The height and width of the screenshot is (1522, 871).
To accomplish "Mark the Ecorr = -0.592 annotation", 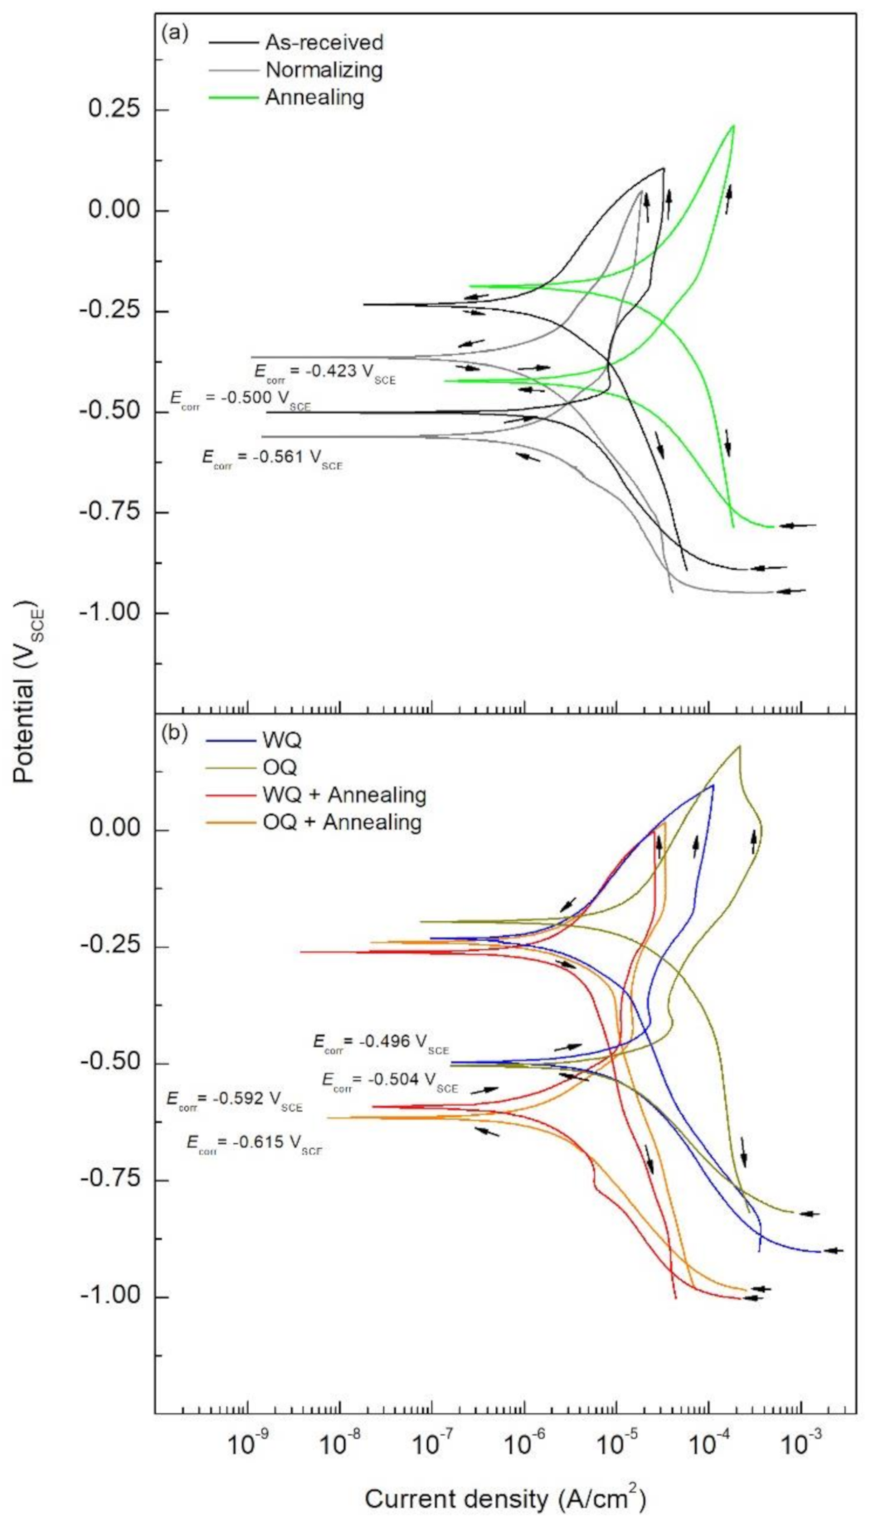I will click(234, 1100).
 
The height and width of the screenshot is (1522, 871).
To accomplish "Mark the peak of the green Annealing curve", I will click(733, 125).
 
